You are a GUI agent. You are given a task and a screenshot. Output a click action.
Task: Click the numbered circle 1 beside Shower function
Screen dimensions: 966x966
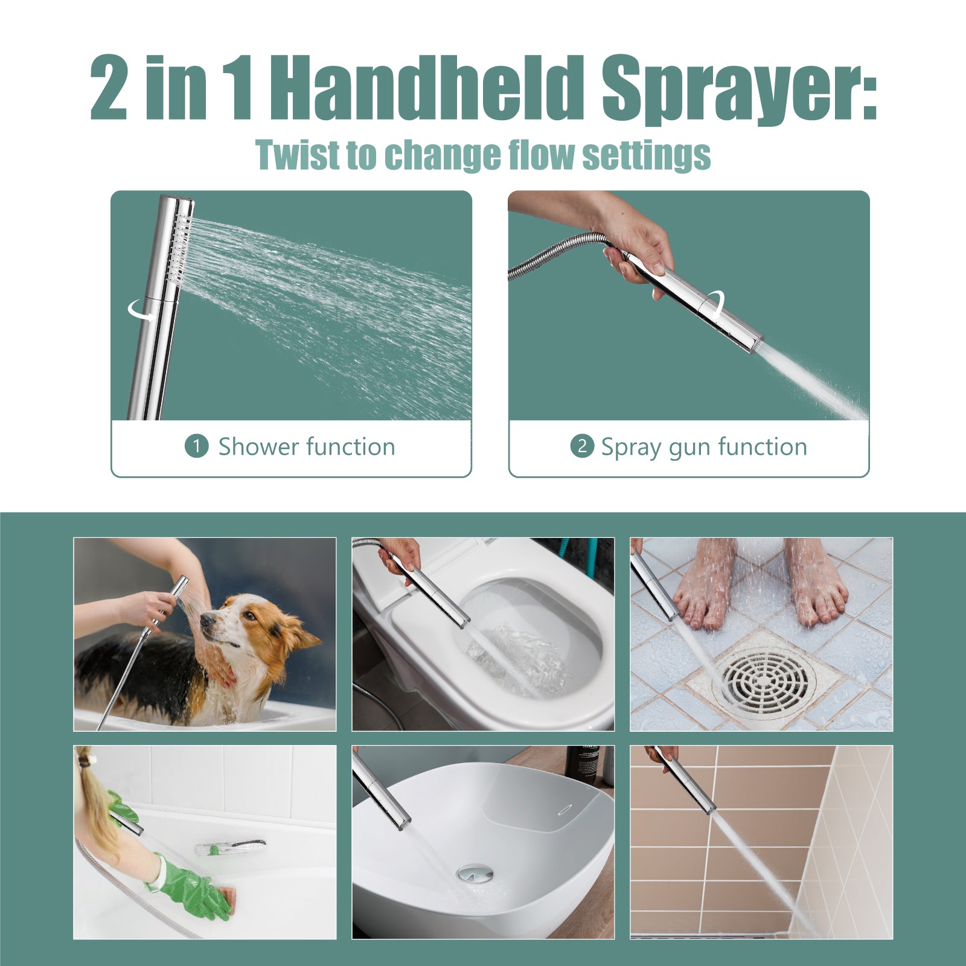coord(196,447)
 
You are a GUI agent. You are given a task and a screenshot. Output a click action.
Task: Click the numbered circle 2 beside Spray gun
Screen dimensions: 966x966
coord(582,446)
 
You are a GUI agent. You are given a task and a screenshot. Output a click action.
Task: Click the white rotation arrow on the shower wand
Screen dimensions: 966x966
coord(140,310)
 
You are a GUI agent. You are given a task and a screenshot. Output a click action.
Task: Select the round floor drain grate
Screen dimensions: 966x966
coord(764,680)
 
